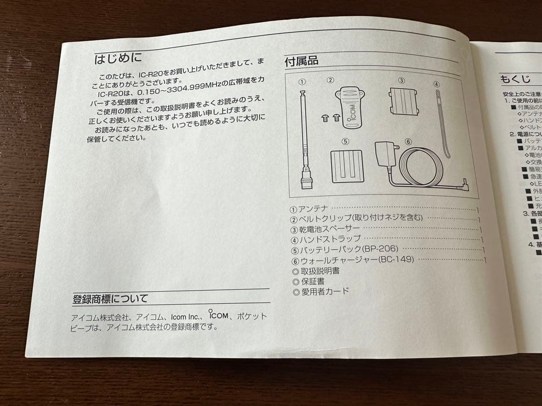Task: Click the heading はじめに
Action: pyautogui.click(x=118, y=59)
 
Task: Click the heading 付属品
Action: pyautogui.click(x=301, y=62)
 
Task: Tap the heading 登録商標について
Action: pyautogui.click(x=110, y=299)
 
